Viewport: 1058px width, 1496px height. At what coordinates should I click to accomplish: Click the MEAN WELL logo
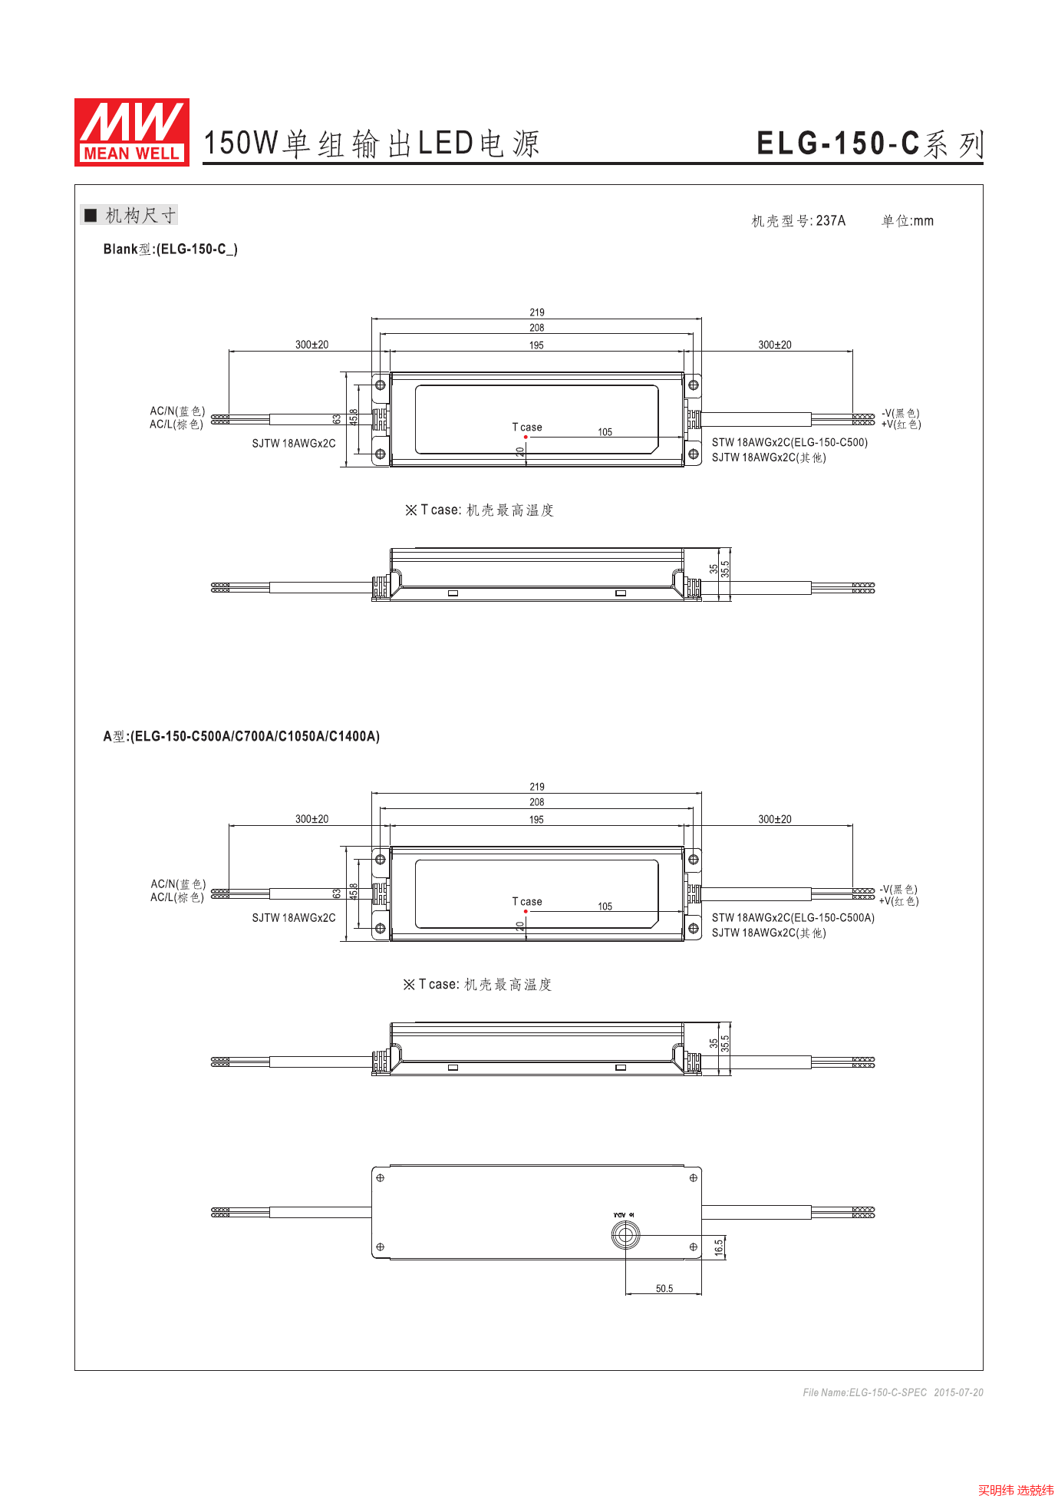(x=131, y=131)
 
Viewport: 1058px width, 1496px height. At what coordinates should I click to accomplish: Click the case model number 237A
(x=830, y=221)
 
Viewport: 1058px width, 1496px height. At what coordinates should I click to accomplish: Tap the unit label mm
(x=923, y=221)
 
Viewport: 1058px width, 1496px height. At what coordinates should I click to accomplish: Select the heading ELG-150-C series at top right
(x=868, y=144)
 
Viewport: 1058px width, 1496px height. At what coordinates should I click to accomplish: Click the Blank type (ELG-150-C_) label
(x=170, y=249)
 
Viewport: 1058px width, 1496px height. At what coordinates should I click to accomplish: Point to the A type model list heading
(x=241, y=737)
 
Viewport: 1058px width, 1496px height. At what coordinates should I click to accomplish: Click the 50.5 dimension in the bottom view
(x=664, y=1289)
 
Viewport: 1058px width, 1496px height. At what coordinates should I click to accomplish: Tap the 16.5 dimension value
(x=719, y=1247)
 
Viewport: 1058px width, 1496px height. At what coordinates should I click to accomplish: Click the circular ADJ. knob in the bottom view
(x=625, y=1235)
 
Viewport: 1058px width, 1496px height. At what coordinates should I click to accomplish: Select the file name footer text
(x=892, y=1392)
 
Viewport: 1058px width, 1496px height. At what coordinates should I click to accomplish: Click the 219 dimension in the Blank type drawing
(x=536, y=312)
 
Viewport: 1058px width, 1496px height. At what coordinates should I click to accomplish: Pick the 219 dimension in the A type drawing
(x=536, y=787)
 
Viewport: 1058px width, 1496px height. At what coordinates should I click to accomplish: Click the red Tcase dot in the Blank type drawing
(x=526, y=437)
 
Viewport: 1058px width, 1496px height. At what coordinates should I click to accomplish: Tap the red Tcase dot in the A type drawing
(x=526, y=911)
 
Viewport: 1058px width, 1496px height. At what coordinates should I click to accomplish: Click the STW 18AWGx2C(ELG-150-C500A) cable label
(x=793, y=918)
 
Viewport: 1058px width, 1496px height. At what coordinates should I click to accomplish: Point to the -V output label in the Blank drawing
(x=900, y=413)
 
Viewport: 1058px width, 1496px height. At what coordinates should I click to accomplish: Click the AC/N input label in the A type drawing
(x=178, y=884)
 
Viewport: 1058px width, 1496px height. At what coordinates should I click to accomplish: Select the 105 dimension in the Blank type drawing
(x=605, y=432)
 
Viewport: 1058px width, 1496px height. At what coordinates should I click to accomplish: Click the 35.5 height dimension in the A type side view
(x=725, y=1043)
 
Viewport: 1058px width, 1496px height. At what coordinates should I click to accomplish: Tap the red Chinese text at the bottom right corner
(x=1015, y=1490)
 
